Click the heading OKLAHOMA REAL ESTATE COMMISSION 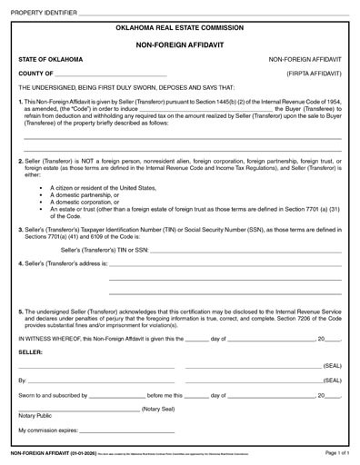click(180, 28)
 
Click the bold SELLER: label click(30, 351)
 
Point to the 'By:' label click(23, 381)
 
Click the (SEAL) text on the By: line click(332, 381)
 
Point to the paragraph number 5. click(20, 308)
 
